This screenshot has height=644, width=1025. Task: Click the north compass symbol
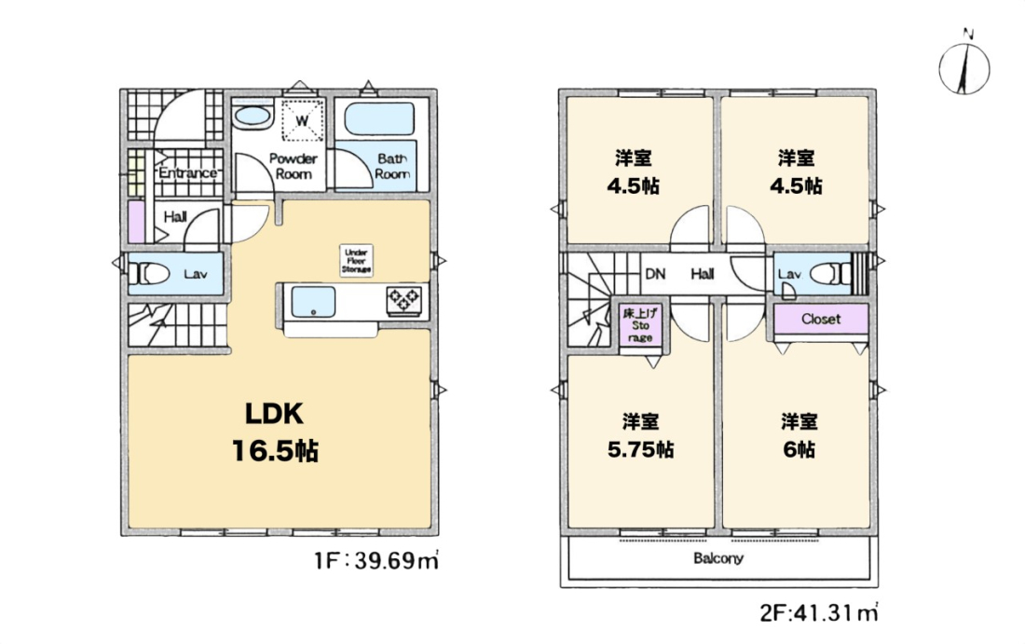(964, 65)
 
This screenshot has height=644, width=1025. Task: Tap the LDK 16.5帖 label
(275, 432)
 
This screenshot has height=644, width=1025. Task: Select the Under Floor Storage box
(356, 260)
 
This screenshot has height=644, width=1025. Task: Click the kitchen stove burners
(404, 300)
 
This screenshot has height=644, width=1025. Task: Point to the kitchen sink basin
(313, 302)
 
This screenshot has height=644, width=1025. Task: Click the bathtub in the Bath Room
(379, 119)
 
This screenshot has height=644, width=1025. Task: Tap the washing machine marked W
(302, 120)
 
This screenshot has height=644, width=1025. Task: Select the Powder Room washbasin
(253, 117)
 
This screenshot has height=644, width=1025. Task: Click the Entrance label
(187, 172)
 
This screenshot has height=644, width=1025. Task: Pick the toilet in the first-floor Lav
(150, 273)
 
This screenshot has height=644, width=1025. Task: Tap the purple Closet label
(821, 319)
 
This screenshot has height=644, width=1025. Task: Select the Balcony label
(718, 558)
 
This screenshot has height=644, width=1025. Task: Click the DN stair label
(655, 274)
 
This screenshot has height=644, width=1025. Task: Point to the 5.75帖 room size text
(641, 450)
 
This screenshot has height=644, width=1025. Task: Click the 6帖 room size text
(799, 450)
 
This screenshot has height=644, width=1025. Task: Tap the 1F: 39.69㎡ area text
(376, 560)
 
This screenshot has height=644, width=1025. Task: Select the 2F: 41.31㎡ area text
(818, 612)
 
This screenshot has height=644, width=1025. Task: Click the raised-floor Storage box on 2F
(640, 325)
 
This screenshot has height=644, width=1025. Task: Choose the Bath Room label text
(392, 166)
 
